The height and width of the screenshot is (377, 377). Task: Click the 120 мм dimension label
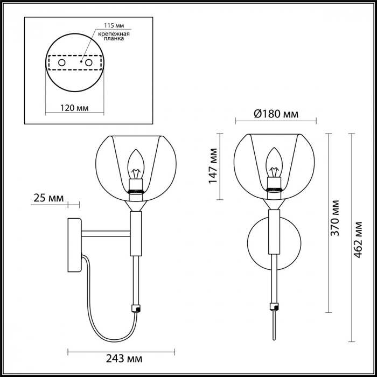(x=74, y=108)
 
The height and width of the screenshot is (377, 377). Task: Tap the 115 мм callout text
(x=114, y=25)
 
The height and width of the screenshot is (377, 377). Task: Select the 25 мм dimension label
(x=49, y=198)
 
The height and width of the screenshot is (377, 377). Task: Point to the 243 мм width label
(x=124, y=359)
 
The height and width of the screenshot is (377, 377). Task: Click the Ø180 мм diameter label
(x=276, y=114)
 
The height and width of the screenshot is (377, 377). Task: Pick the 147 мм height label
(x=213, y=166)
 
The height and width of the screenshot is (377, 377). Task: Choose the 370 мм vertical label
(x=334, y=218)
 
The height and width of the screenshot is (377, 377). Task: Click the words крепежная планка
(x=114, y=36)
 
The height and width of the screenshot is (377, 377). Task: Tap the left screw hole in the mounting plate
(x=62, y=63)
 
